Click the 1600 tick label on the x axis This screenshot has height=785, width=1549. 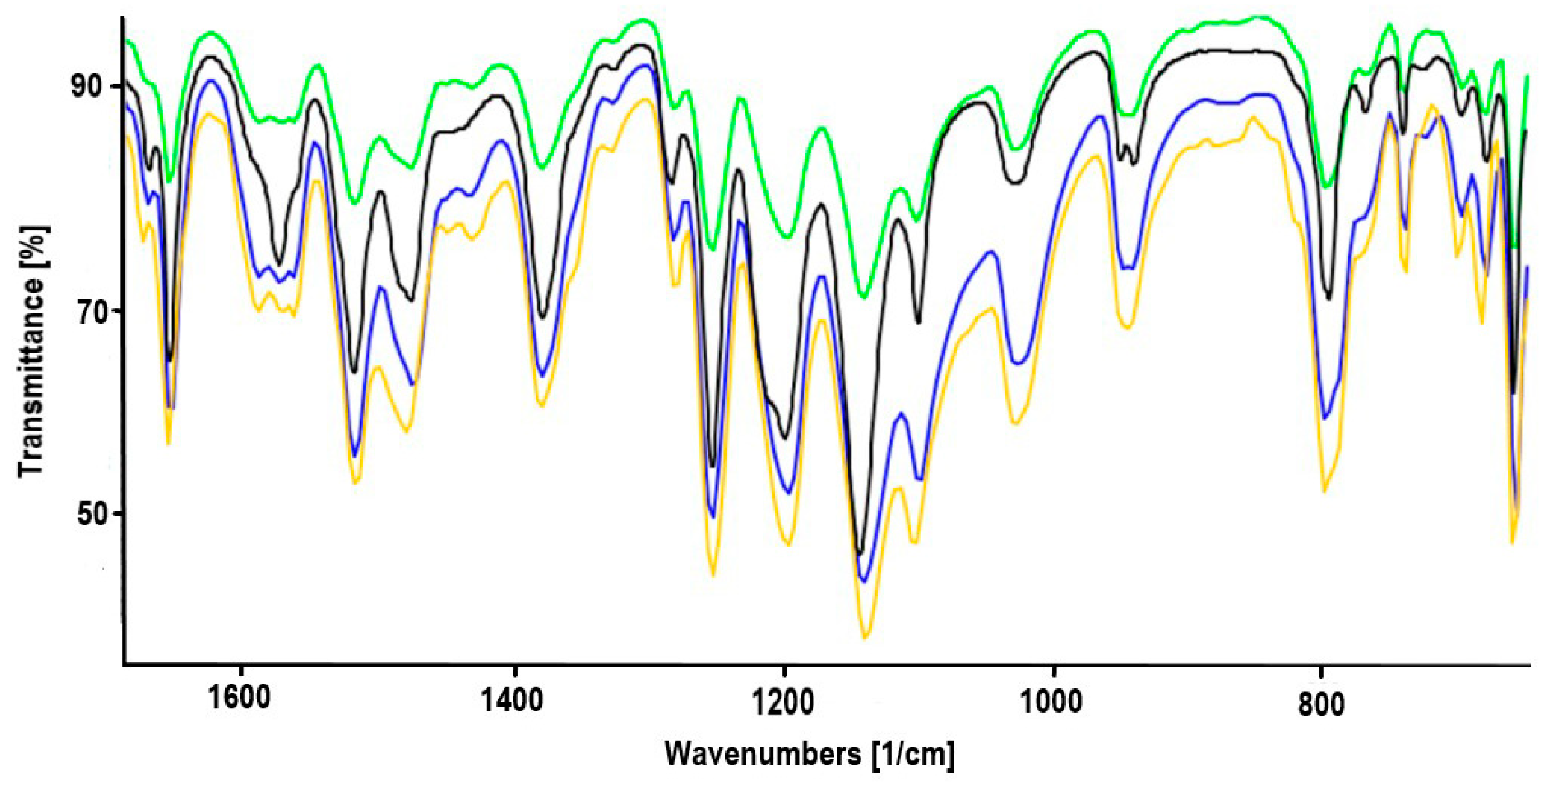[x=239, y=700]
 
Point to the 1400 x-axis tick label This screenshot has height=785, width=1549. [x=513, y=700]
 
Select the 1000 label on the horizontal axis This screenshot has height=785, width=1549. [x=1052, y=702]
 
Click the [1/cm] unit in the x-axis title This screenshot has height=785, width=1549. [x=912, y=754]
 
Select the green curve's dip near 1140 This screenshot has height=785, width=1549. [x=864, y=297]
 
